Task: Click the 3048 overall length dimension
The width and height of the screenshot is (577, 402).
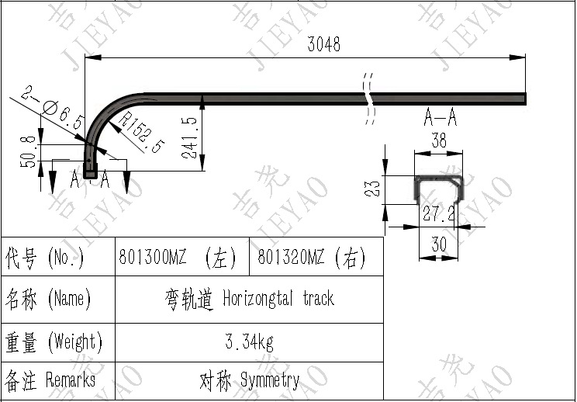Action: pyautogui.click(x=323, y=44)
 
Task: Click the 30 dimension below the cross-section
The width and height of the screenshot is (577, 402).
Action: pyautogui.click(x=439, y=244)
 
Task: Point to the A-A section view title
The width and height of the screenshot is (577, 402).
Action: pyautogui.click(x=440, y=118)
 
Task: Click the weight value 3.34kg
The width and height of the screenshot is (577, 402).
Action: pyautogui.click(x=250, y=341)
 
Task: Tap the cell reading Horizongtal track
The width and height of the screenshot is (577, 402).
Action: pyautogui.click(x=250, y=299)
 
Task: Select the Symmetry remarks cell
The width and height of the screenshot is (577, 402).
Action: pyautogui.click(x=250, y=380)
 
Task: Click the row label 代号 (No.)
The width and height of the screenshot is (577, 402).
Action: pyautogui.click(x=45, y=257)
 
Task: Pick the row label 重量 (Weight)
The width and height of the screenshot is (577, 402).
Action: pyautogui.click(x=53, y=341)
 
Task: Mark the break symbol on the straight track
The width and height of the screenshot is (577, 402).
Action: pyautogui.click(x=368, y=98)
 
